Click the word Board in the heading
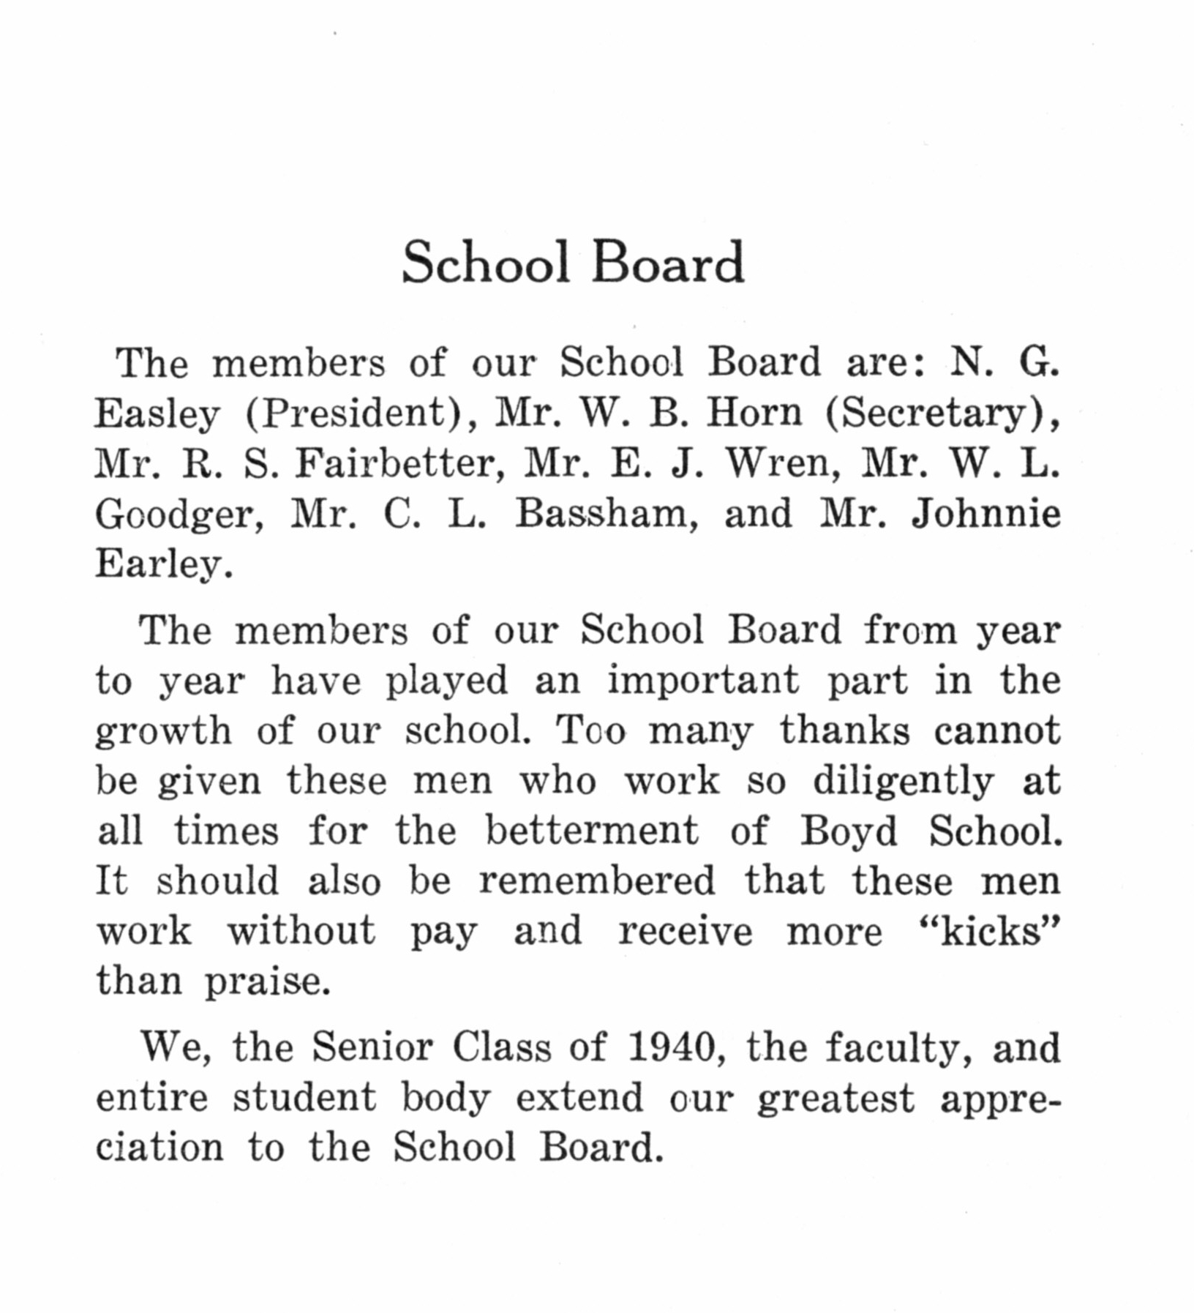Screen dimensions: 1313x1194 click(667, 263)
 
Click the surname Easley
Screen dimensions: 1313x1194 click(157, 414)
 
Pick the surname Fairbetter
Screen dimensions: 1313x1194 click(400, 463)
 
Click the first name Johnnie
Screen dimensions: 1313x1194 click(985, 514)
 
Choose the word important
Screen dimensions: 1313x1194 click(703, 681)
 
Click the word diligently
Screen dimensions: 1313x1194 click(903, 782)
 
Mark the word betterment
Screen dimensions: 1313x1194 click(592, 831)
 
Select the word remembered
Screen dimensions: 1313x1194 click(597, 880)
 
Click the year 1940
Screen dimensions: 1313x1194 click(671, 1047)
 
